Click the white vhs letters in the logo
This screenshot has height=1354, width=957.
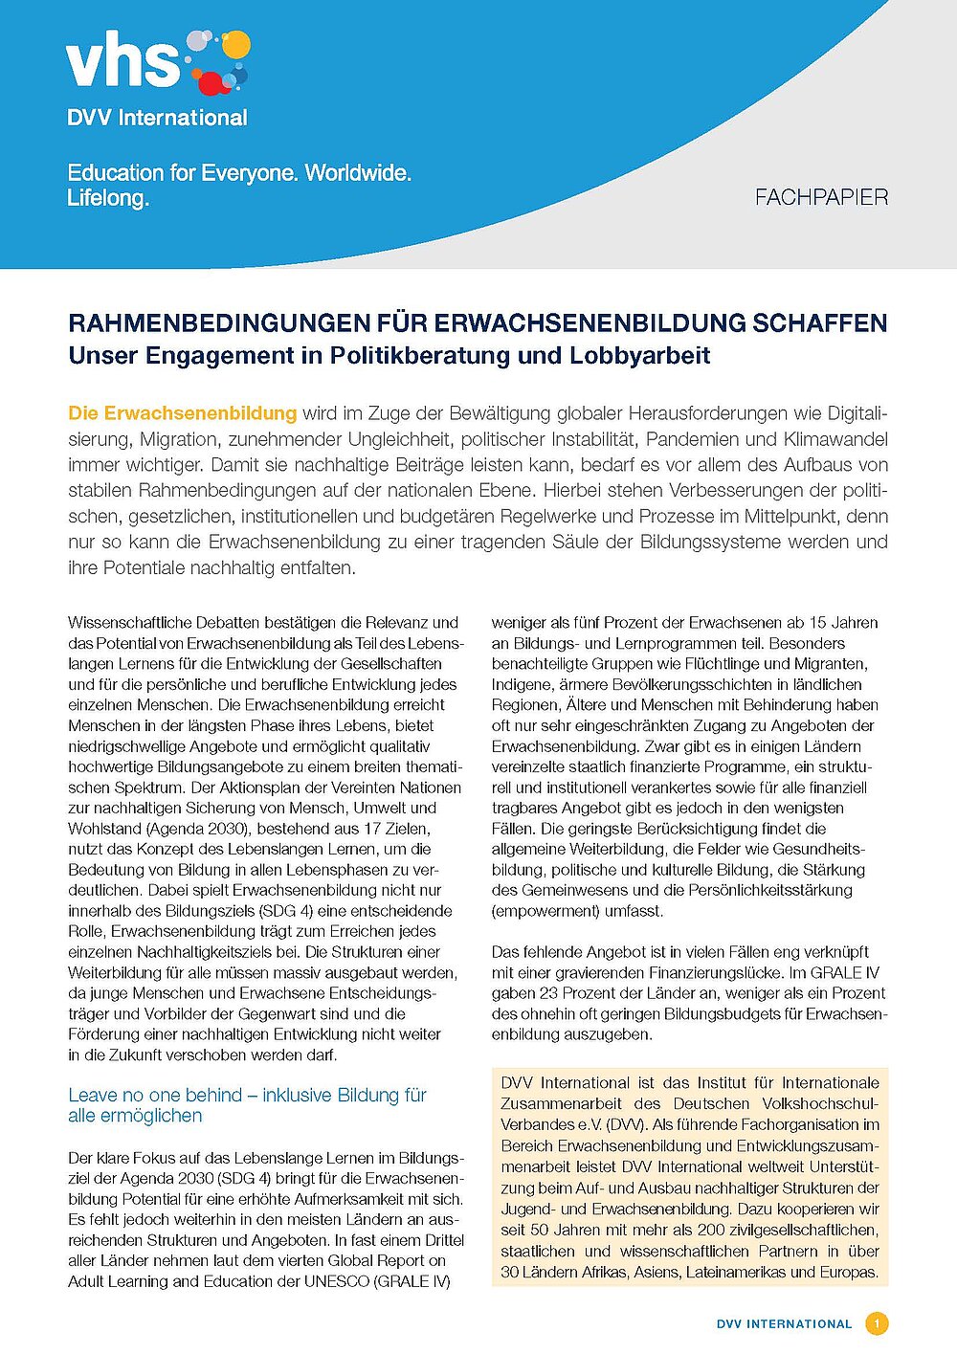[x=122, y=62]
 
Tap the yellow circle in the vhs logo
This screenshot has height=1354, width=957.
[x=235, y=45]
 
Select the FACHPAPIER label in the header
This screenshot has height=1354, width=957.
[x=821, y=198]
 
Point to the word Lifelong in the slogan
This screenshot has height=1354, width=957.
[x=107, y=199]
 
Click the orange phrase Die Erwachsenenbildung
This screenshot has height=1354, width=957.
[x=182, y=413]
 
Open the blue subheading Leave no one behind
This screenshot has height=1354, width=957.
[x=247, y=1105]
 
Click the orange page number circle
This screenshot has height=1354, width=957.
[x=877, y=1324]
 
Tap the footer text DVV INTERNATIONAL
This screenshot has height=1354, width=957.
[x=784, y=1324]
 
